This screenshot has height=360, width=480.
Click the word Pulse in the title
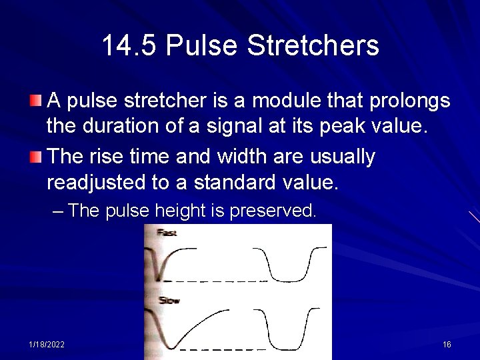202,46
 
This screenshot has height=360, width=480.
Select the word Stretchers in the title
313,46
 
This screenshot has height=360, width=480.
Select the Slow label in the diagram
169,301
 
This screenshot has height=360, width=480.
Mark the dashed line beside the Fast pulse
213,281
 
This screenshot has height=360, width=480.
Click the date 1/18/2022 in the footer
47,344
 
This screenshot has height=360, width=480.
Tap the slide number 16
447,344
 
